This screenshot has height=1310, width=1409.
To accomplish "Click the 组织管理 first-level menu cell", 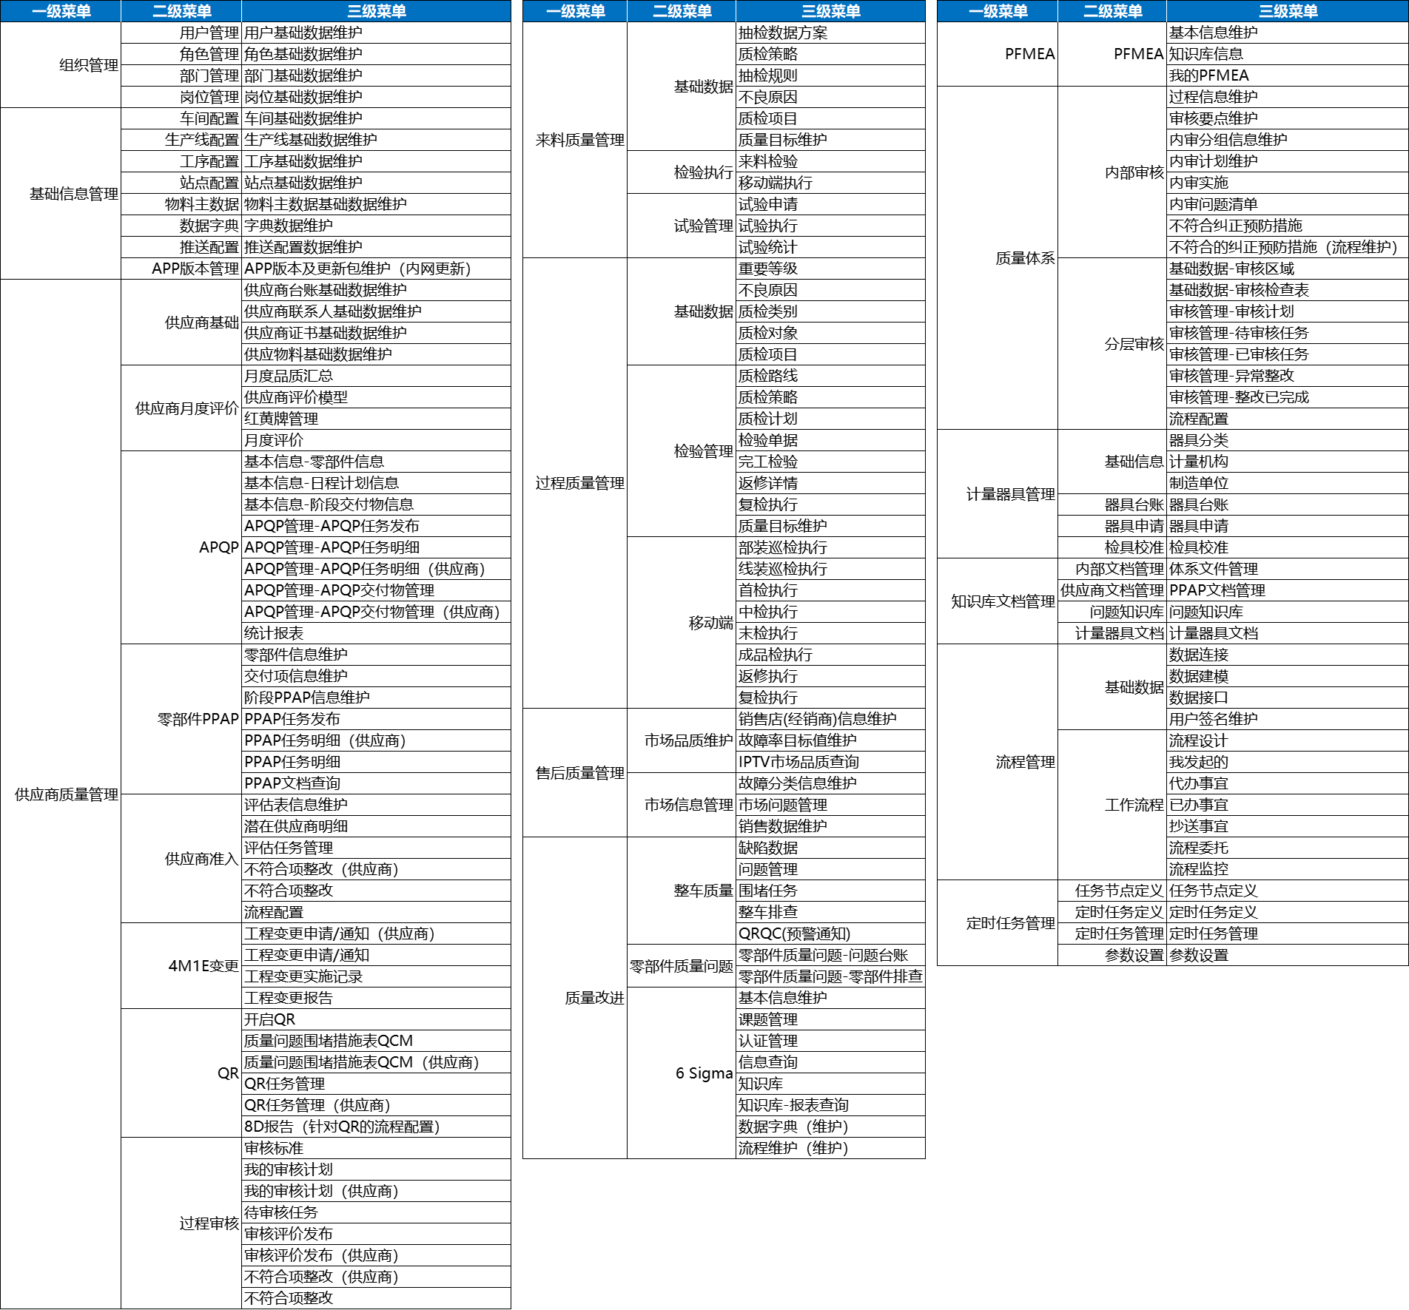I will [88, 65].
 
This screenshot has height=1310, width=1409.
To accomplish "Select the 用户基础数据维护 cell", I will [303, 33].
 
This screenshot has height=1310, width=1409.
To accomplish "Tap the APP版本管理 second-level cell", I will [195, 269].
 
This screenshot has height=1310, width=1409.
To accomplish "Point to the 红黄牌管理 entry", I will [281, 419].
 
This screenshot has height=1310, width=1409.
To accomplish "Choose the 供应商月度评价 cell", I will [186, 408].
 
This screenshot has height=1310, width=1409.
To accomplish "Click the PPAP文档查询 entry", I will [292, 783].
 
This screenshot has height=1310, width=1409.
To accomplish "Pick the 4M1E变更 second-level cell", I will [204, 966].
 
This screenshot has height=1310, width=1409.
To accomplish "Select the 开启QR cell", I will [270, 1019].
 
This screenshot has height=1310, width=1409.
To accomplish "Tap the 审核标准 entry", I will [274, 1148].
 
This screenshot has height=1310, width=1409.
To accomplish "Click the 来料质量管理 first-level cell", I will [579, 140].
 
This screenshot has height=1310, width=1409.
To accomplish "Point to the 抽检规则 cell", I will [768, 75].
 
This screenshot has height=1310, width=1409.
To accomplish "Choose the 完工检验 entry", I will [768, 462].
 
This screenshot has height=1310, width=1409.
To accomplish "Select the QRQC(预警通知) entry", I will [795, 933].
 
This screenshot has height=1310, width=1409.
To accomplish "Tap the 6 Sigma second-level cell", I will [704, 1073].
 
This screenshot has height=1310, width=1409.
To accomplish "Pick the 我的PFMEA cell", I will [1209, 75].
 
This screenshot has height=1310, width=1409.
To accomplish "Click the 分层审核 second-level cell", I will [1134, 344].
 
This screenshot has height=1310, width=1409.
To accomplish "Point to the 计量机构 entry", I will [1199, 462].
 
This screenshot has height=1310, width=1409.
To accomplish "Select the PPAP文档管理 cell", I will [1217, 590].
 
